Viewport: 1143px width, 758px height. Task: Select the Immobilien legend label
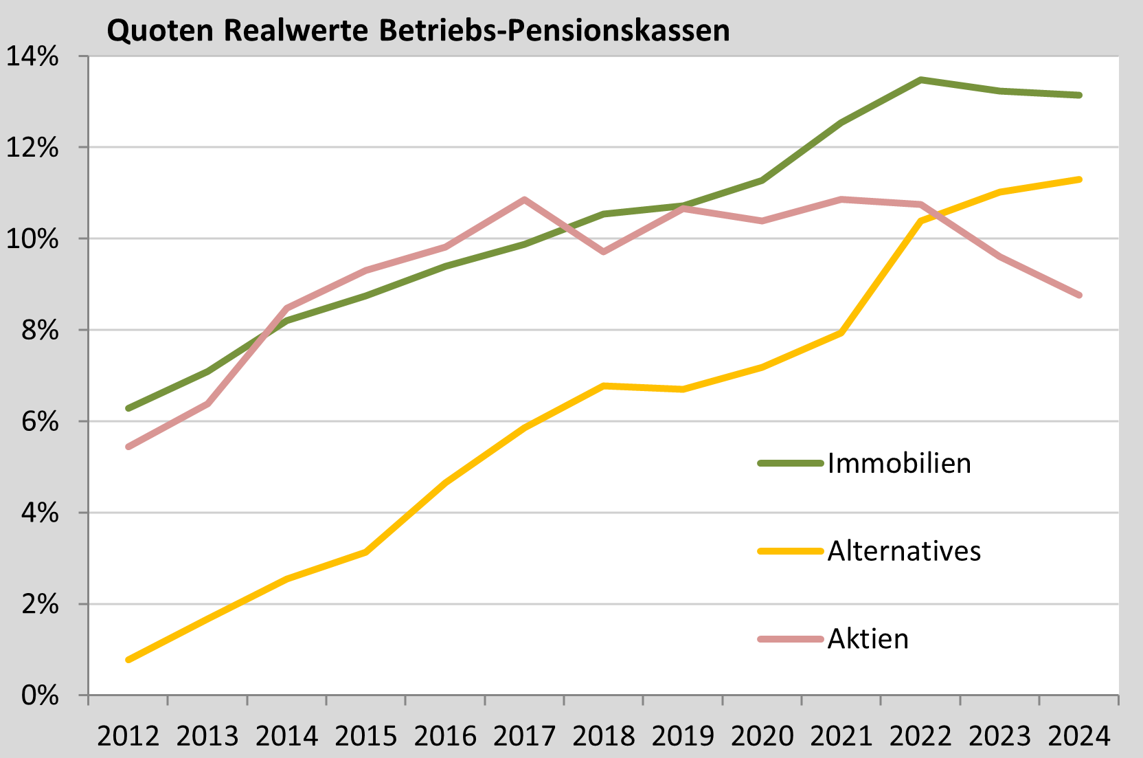coord(899,464)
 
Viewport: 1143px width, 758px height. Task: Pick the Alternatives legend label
coord(904,551)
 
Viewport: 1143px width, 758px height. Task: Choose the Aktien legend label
coord(868,639)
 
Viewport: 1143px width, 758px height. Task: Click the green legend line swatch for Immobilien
coord(790,464)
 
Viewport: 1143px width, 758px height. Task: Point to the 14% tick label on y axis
coord(32,56)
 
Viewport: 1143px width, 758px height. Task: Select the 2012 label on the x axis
coord(128,737)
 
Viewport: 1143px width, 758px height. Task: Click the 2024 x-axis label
coord(1079,737)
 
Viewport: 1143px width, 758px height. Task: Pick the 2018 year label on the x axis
coord(604,737)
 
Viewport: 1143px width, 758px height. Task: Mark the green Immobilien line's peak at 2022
coord(920,80)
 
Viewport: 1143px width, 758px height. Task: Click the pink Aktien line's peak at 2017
coord(524,200)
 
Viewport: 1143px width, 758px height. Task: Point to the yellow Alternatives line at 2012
coord(128,660)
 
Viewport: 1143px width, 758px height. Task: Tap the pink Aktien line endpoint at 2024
coord(1079,295)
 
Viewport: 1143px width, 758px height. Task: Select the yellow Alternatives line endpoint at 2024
coord(1079,179)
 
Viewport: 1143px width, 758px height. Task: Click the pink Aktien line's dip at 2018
coord(604,252)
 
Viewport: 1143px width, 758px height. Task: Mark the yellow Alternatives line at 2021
coord(841,333)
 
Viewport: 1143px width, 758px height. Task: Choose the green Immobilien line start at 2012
coord(128,408)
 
